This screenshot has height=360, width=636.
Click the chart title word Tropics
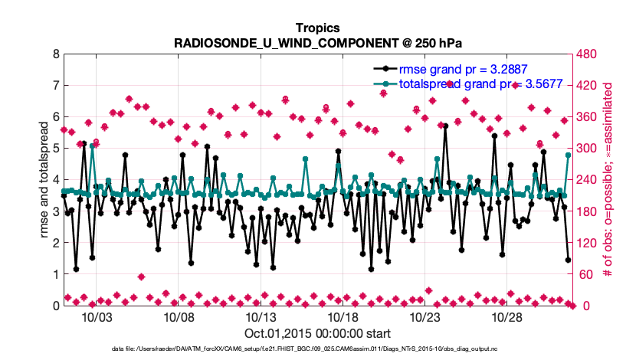tap(317, 28)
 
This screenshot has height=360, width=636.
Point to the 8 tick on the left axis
tap(55, 54)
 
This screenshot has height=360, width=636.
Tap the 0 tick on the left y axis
tap(55, 306)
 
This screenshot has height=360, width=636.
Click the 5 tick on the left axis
tap(55, 149)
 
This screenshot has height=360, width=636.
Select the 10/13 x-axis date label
tap(260, 318)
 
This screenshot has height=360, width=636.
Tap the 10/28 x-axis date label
tap(506, 318)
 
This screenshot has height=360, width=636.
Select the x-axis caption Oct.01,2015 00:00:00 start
tap(317, 333)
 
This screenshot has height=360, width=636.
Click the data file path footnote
tap(317, 349)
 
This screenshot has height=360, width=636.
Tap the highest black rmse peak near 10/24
tap(445, 126)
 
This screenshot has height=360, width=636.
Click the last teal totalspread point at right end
tap(568, 155)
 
